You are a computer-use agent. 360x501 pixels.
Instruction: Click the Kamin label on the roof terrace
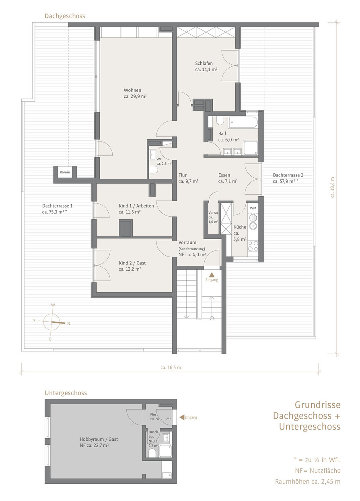(65, 172)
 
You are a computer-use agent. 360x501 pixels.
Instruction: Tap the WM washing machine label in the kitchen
(253, 208)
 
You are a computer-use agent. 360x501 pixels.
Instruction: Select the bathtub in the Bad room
(243, 122)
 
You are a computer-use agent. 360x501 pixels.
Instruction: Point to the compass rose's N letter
(68, 324)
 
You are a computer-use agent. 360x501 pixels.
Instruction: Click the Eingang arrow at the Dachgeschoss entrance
(212, 275)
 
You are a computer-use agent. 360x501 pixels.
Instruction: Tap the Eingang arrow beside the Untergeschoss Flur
(182, 417)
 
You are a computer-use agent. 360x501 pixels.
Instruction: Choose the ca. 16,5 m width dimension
(171, 368)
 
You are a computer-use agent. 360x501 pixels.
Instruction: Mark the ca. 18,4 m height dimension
(333, 187)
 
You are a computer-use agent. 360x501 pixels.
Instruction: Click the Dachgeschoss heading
(65, 16)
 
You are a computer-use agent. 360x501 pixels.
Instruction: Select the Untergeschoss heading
(66, 393)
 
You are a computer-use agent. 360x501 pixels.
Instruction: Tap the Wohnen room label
(132, 90)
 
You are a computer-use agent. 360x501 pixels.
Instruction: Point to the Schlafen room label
(204, 63)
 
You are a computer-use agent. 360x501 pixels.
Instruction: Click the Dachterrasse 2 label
(288, 175)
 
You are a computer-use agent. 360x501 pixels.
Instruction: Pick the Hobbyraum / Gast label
(99, 439)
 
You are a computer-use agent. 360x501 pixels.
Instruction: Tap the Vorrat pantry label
(213, 213)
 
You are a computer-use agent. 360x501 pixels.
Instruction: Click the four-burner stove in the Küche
(253, 246)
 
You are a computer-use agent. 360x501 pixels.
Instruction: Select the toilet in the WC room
(154, 170)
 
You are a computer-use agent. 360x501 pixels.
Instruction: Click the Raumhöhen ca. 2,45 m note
(308, 481)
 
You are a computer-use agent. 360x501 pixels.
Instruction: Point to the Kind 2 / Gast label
(132, 263)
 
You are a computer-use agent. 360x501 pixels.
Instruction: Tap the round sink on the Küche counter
(253, 227)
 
